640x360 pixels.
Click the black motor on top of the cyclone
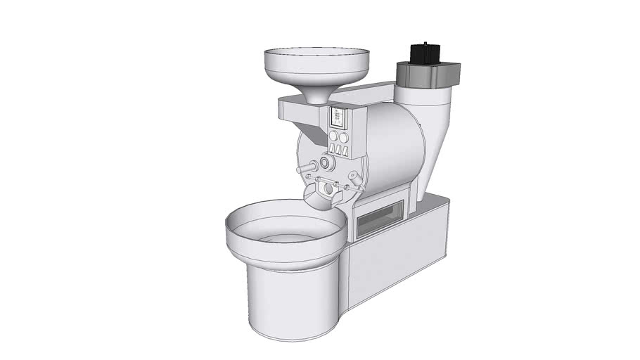(x=424, y=53)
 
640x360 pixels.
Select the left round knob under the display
(x=333, y=136)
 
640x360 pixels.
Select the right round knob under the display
(x=344, y=137)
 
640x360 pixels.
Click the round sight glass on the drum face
(x=326, y=163)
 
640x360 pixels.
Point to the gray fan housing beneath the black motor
(x=427, y=72)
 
